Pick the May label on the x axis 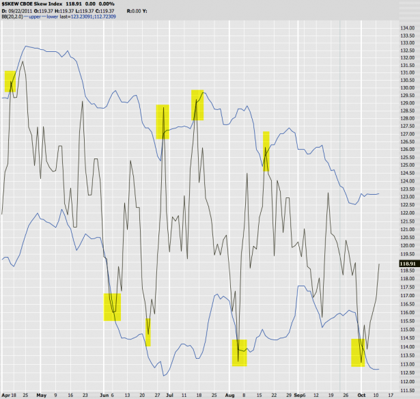point(40,395)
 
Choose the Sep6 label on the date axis point(303,395)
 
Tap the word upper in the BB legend point(31,16)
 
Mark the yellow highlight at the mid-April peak point(12,81)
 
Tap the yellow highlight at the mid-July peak point(197,105)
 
